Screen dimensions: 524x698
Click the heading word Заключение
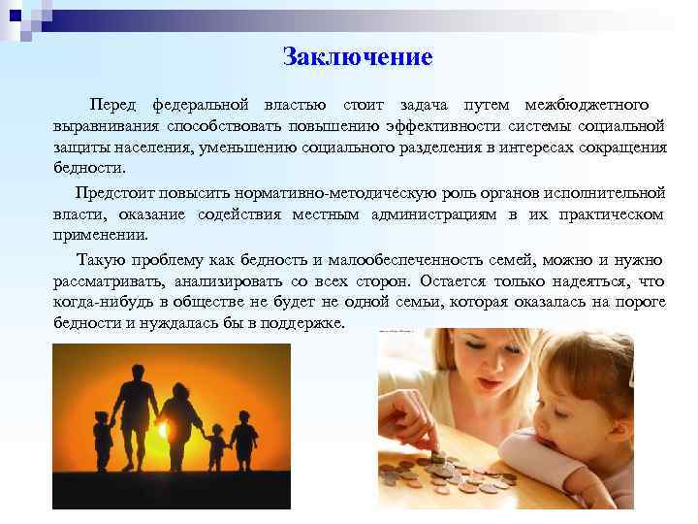[x=358, y=57]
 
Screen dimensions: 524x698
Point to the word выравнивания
[x=106, y=126]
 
